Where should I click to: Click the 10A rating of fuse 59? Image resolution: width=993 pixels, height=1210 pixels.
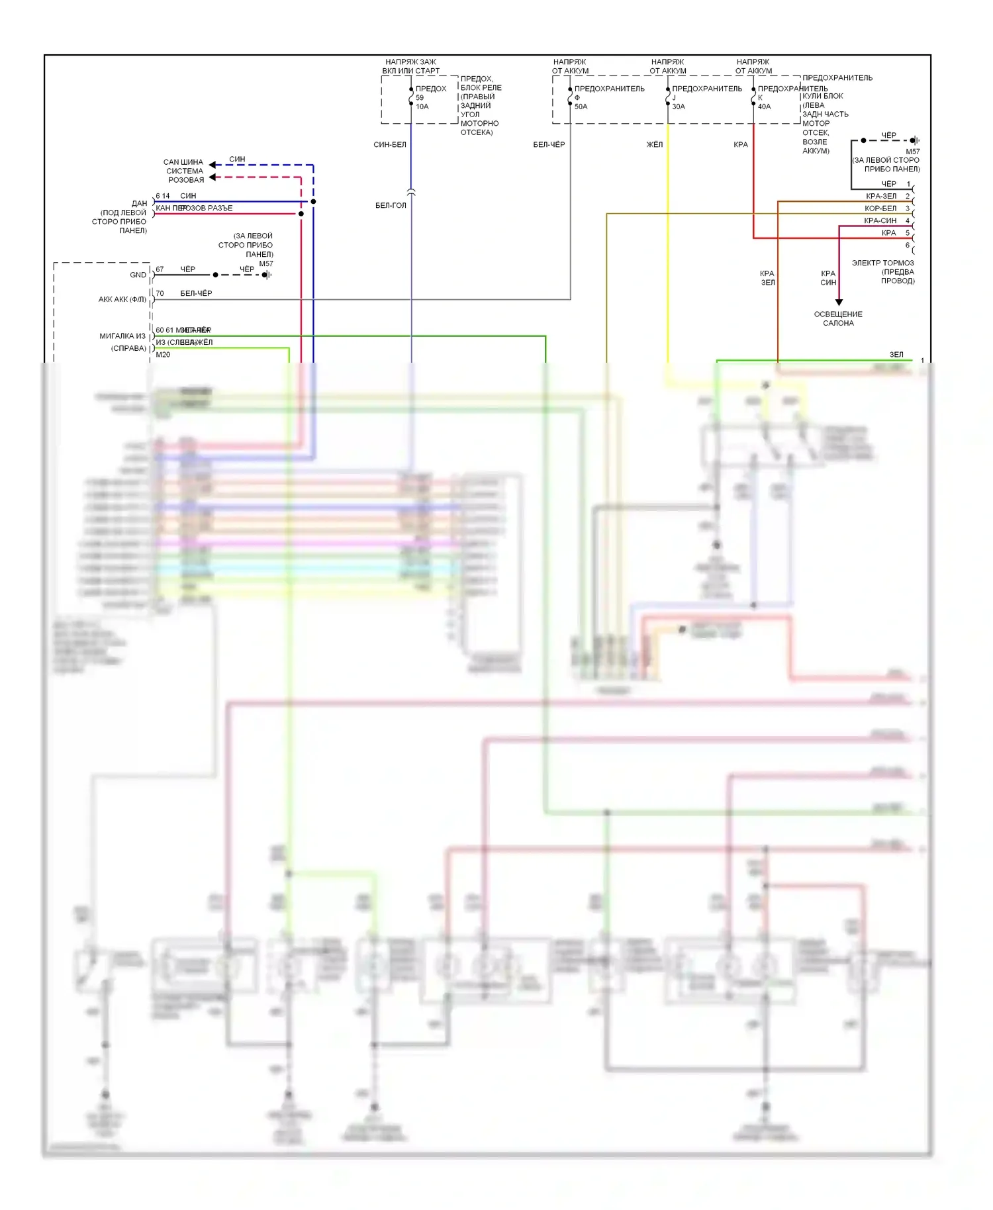click(422, 107)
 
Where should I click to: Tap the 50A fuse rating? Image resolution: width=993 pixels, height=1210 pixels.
click(581, 107)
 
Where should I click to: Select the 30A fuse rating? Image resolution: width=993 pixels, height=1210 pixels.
click(679, 107)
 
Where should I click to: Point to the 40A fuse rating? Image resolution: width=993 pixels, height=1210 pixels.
click(764, 107)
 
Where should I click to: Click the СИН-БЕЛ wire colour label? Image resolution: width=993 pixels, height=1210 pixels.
click(390, 144)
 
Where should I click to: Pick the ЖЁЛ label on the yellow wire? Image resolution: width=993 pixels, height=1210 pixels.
click(654, 144)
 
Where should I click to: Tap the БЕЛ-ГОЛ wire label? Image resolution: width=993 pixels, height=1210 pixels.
click(391, 205)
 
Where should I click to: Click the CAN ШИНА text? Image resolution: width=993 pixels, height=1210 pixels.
click(183, 162)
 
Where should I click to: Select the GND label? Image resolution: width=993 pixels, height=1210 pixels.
click(138, 275)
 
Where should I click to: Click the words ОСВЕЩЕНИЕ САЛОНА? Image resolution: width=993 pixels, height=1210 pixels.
click(838, 318)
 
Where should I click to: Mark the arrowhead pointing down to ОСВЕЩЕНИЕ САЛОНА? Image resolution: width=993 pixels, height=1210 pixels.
click(839, 302)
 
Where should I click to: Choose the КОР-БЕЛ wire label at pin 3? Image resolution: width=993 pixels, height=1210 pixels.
click(880, 209)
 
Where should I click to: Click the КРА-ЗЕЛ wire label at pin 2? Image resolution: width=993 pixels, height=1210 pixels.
click(881, 196)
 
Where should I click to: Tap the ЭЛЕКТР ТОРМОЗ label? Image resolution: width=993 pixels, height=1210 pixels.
click(882, 263)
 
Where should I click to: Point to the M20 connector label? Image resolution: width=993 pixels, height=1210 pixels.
click(163, 355)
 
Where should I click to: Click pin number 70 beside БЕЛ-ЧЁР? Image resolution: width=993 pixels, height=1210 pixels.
click(160, 293)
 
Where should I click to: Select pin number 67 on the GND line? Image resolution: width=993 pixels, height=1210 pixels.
click(160, 269)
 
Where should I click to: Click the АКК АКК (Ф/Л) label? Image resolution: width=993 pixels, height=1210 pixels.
click(122, 299)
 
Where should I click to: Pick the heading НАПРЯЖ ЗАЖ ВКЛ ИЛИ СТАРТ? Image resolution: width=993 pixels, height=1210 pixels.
click(410, 66)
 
